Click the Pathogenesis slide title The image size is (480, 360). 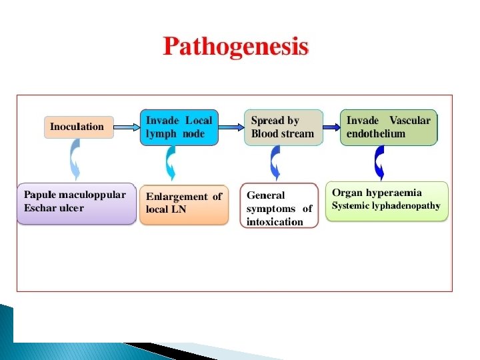pyautogui.click(x=236, y=47)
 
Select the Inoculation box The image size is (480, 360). pyautogui.click(x=79, y=127)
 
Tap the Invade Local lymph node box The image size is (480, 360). pyautogui.click(x=179, y=127)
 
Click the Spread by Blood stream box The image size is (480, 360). pyautogui.click(x=283, y=127)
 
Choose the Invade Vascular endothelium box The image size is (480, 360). pyautogui.click(x=389, y=127)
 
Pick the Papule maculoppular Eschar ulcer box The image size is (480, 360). pyautogui.click(x=76, y=203)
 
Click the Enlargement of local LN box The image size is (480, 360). pyautogui.click(x=183, y=203)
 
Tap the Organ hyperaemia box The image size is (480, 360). pyautogui.click(x=387, y=199)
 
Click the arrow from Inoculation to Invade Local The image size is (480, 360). pyautogui.click(x=127, y=125)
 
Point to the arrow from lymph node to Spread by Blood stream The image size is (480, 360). pyautogui.click(x=231, y=125)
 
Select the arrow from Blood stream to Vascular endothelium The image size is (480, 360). pyautogui.click(x=331, y=125)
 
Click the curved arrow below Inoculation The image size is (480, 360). pyautogui.click(x=75, y=161)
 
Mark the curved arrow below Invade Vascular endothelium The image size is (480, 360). pyautogui.click(x=379, y=163)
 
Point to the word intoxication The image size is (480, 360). pyautogui.click(x=275, y=222)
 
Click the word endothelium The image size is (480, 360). pyautogui.click(x=376, y=133)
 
